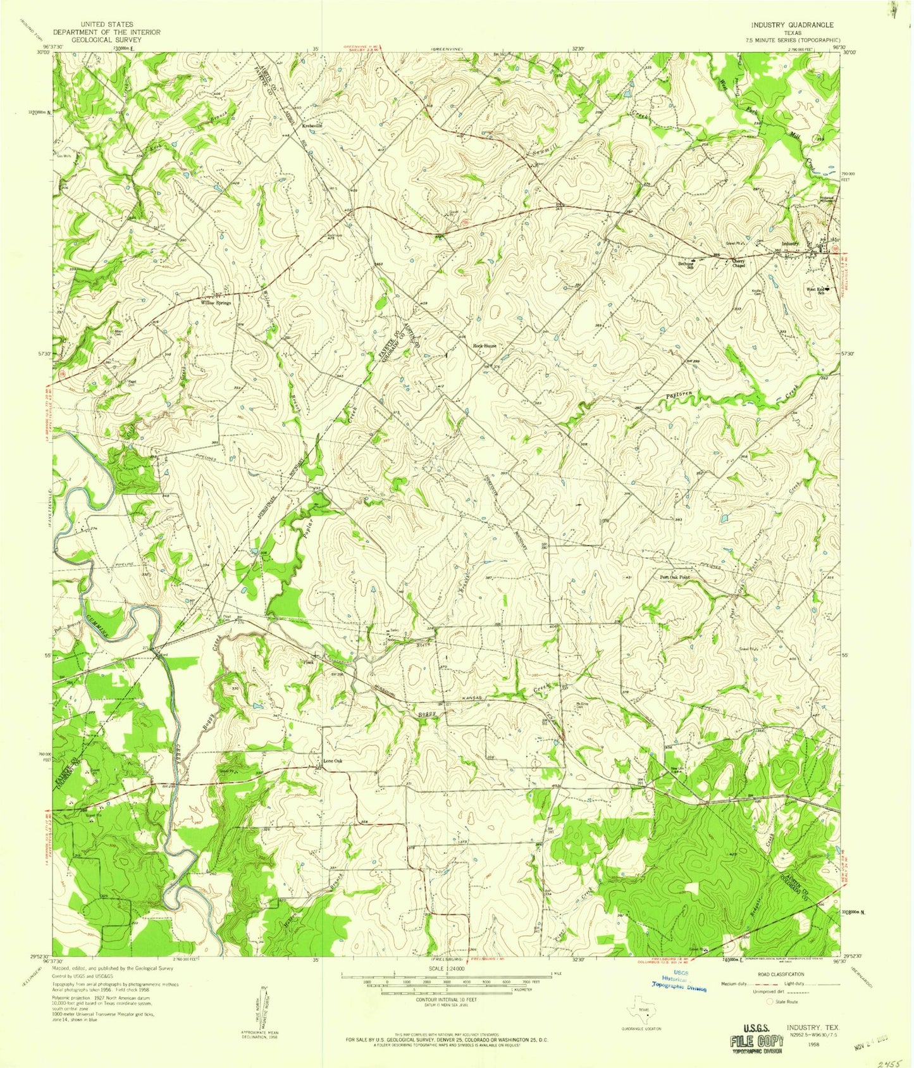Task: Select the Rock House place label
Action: [486, 346]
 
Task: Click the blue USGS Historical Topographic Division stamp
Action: [679, 979]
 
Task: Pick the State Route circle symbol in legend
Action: [770, 1002]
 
